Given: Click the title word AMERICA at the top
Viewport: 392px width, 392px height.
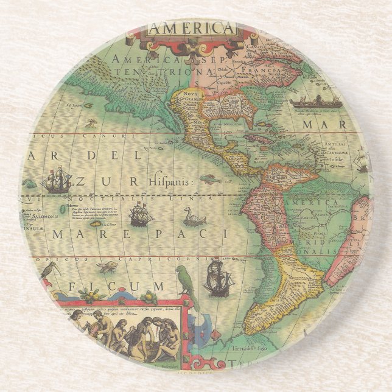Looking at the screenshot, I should tap(192, 29).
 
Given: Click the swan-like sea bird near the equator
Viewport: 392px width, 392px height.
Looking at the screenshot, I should tap(194, 217).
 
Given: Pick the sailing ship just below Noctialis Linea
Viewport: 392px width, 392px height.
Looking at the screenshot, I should tap(141, 214).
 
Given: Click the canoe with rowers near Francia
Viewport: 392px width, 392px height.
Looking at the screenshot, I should tap(316, 102).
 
